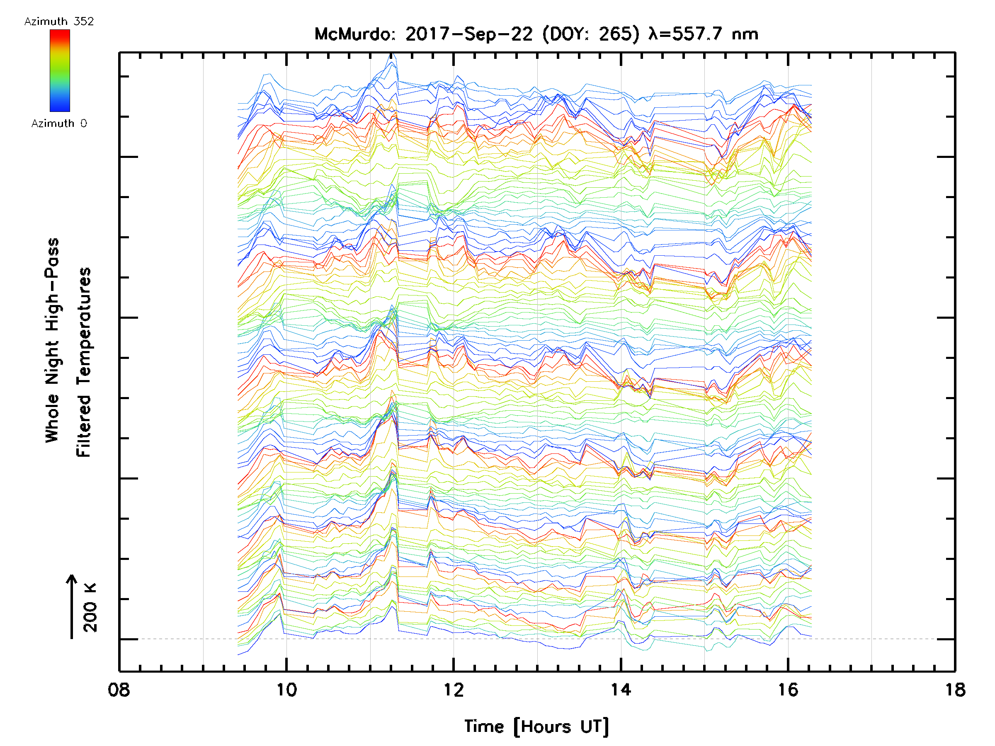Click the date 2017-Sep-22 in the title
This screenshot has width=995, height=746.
469,34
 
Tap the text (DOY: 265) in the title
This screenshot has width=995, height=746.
591,34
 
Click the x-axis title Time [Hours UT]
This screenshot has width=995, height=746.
536,727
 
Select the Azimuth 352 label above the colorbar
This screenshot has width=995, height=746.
59,22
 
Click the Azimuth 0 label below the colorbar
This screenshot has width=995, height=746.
59,124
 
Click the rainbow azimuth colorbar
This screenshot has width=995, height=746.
60,70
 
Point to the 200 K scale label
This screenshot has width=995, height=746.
90,608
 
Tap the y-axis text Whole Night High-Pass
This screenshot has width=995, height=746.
52,340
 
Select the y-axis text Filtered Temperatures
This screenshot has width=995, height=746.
84,363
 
